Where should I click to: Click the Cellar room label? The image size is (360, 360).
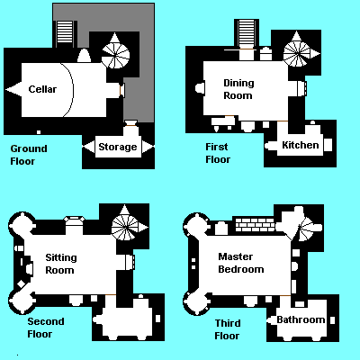(x=42, y=89)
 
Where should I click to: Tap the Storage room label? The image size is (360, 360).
(x=118, y=147)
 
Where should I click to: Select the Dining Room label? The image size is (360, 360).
(x=238, y=89)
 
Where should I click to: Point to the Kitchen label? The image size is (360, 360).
(x=301, y=145)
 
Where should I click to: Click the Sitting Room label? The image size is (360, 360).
(x=61, y=264)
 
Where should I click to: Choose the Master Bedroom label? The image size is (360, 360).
(x=241, y=263)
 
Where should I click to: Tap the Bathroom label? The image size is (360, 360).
(x=301, y=319)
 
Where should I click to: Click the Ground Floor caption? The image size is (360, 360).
(x=29, y=155)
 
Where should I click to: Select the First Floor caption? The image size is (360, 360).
(x=218, y=153)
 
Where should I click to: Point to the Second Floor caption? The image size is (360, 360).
(x=46, y=328)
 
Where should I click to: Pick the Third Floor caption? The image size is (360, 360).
(x=228, y=329)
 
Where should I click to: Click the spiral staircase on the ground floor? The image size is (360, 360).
(x=115, y=55)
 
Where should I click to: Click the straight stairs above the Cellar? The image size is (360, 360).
(x=65, y=34)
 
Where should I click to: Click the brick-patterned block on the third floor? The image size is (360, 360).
(x=255, y=225)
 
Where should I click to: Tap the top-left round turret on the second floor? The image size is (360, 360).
(x=22, y=224)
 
